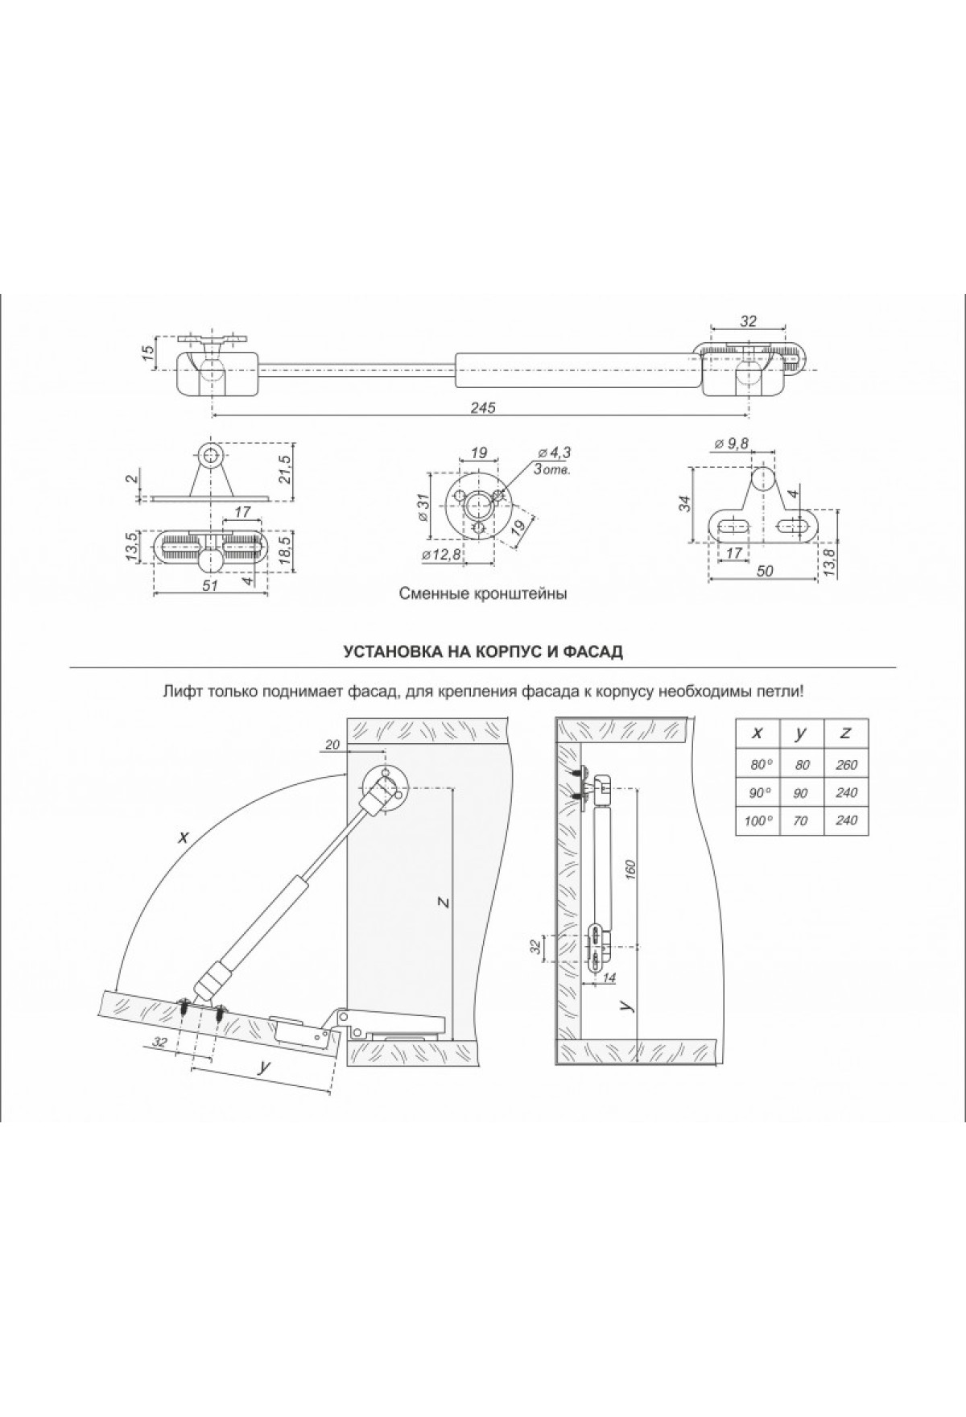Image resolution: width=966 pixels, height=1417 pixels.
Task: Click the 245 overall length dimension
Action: (x=483, y=408)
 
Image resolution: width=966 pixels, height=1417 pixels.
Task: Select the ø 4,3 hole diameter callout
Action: (x=555, y=452)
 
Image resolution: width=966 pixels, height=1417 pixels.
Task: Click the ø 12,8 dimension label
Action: (x=441, y=554)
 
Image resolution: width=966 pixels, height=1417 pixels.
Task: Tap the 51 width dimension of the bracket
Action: (x=211, y=586)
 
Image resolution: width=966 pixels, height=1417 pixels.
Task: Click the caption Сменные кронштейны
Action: (x=483, y=595)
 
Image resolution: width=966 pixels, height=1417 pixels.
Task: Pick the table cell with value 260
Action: (x=847, y=765)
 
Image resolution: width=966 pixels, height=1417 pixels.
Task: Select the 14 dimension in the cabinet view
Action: (x=608, y=977)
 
